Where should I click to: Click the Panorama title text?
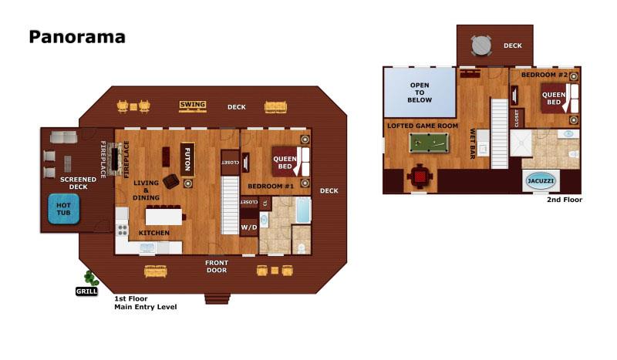click(77, 37)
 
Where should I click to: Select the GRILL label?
click(86, 291)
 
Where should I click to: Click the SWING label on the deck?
click(192, 105)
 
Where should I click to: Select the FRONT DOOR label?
click(216, 266)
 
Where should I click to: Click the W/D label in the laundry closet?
click(249, 227)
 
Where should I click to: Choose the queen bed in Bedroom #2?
click(558, 98)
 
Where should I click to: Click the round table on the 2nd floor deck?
click(480, 45)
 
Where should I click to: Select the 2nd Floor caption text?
click(565, 200)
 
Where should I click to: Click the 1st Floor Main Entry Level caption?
click(145, 302)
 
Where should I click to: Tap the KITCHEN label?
click(153, 232)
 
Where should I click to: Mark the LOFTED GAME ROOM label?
click(423, 126)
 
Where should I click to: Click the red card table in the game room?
click(420, 177)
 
